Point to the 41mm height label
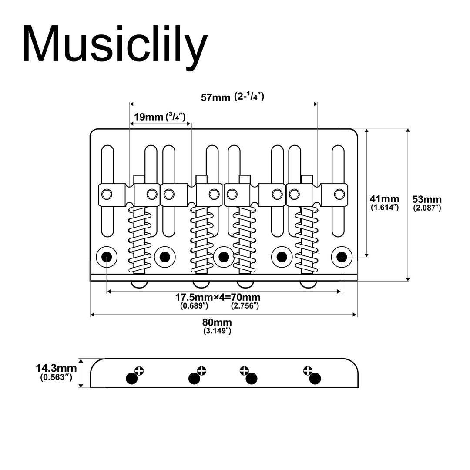pyautogui.click(x=385, y=199)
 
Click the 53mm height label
pyautogui.click(x=427, y=199)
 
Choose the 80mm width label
pyautogui.click(x=217, y=322)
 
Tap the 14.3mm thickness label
pyautogui.click(x=54, y=369)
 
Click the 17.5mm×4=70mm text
pyautogui.click(x=218, y=298)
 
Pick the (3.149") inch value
pyautogui.click(x=217, y=331)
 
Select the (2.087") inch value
pyautogui.click(x=427, y=208)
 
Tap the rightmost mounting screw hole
pyautogui.click(x=342, y=257)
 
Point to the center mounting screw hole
pyautogui.click(x=224, y=257)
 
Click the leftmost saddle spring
pyautogui.click(x=139, y=239)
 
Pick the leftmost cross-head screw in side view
pyautogui.click(x=139, y=371)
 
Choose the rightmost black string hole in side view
pyautogui.click(x=315, y=379)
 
